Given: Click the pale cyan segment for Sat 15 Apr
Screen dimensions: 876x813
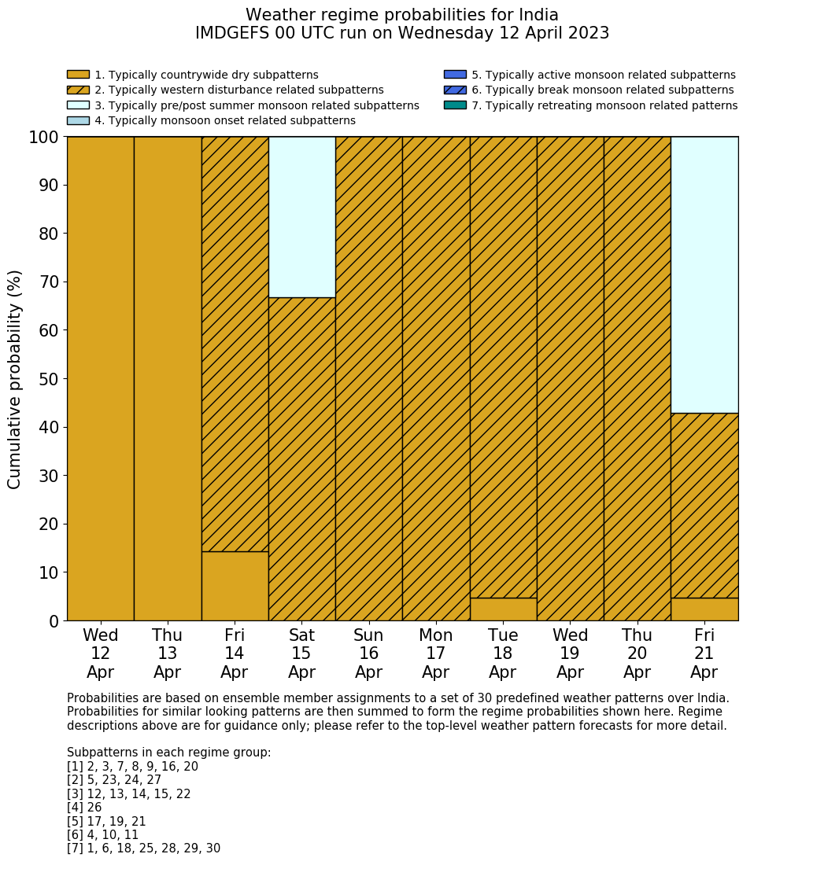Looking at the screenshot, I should (302, 217).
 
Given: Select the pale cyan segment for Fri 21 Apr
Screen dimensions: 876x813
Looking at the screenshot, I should (704, 274).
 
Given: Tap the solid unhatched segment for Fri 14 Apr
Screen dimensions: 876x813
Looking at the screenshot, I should (235, 586).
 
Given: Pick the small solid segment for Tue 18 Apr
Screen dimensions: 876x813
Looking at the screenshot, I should (503, 609).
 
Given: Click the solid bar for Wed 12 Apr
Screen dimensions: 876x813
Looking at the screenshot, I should (101, 378).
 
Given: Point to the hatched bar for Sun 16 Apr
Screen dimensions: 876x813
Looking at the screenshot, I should (369, 378).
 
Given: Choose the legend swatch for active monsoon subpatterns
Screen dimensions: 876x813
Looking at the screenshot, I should (455, 75).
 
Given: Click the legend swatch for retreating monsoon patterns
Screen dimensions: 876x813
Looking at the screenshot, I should (455, 105).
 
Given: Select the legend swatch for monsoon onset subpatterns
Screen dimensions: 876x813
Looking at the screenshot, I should (78, 120).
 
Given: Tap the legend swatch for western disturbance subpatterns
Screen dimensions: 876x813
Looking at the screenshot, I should (78, 90).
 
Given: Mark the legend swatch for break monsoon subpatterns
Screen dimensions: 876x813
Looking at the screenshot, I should (455, 90).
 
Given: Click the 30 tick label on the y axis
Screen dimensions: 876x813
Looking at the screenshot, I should (49, 476).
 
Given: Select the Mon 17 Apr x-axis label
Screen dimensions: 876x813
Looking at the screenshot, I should (436, 653).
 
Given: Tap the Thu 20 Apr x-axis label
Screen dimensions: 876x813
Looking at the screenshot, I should (637, 653).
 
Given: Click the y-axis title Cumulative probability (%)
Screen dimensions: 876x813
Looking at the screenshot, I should (15, 379).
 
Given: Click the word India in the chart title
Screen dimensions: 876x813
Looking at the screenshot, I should (534, 15).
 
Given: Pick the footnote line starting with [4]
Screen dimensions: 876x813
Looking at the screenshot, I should (84, 808).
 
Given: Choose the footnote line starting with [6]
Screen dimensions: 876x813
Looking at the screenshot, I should (102, 835).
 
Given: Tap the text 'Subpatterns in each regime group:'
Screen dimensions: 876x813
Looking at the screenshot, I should (168, 753).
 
